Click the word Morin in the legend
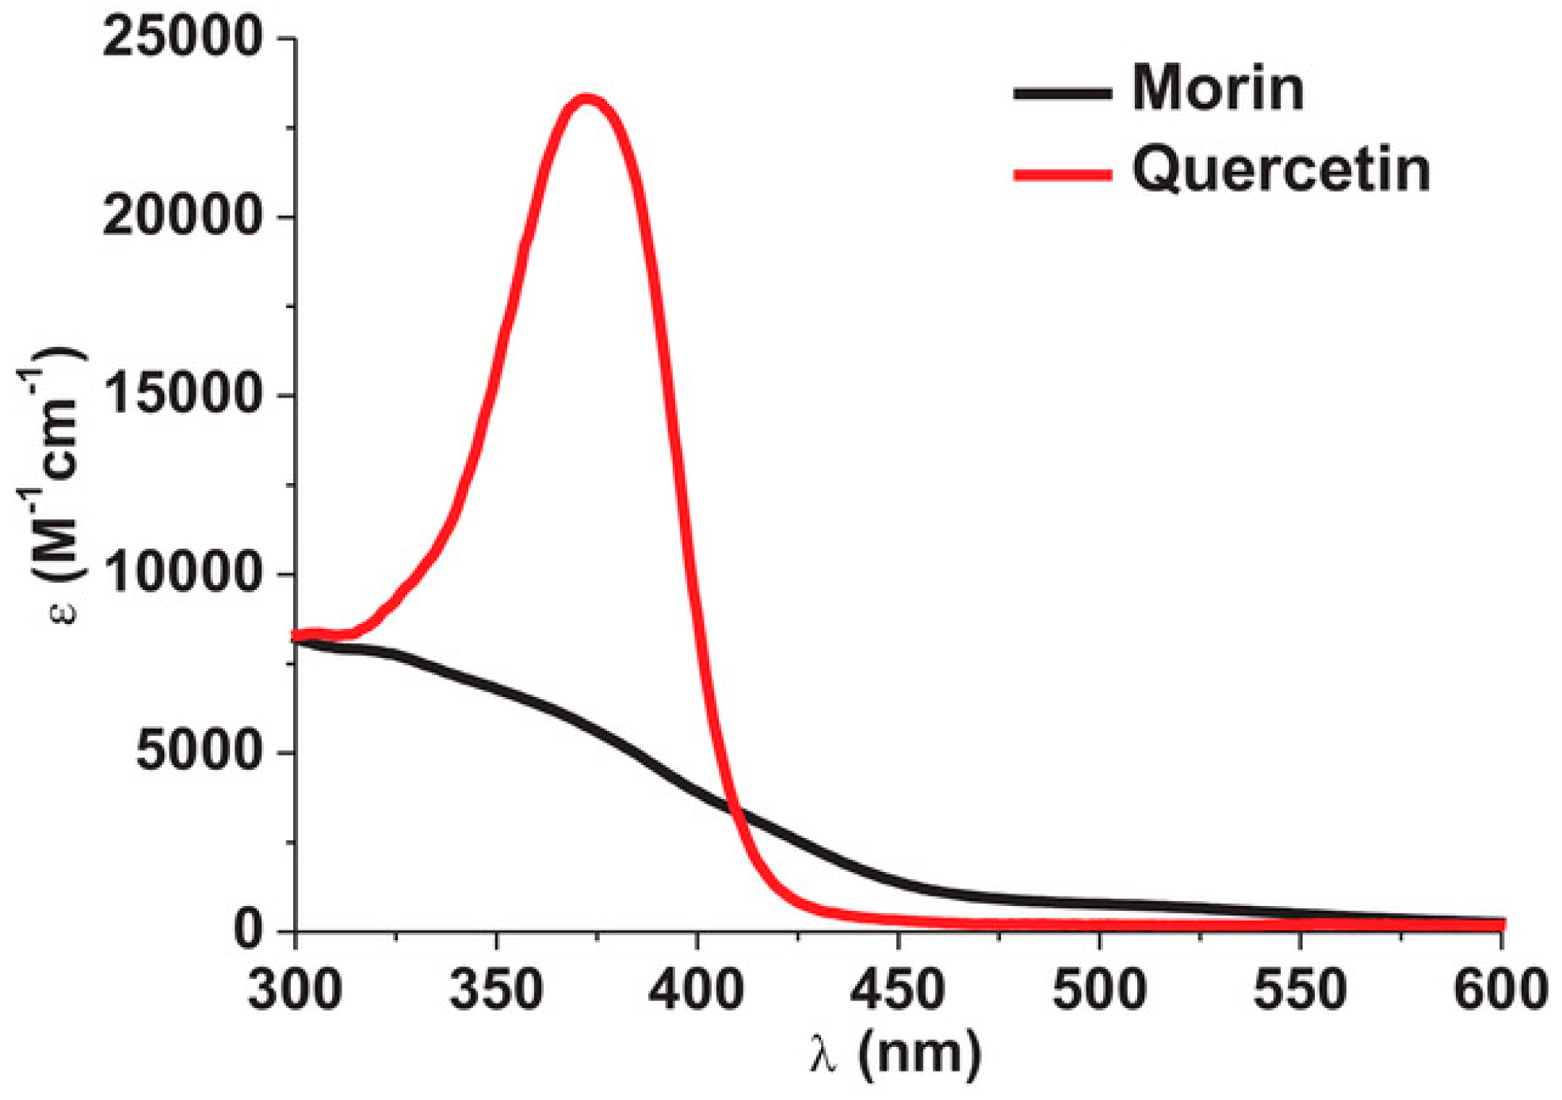[x=1217, y=89]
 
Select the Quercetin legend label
[x=1281, y=169]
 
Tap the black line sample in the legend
[x=1062, y=93]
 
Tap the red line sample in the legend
[x=1062, y=174]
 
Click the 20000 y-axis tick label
[x=182, y=215]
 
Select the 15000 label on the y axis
[x=182, y=394]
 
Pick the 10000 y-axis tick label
[x=182, y=573]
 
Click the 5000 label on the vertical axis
[x=198, y=751]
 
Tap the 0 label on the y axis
[x=248, y=929]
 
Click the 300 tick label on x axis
[x=295, y=991]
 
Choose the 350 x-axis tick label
[x=496, y=991]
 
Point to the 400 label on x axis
[x=697, y=991]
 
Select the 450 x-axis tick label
[x=898, y=991]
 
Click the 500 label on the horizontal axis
[x=1099, y=991]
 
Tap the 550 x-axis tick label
[x=1300, y=991]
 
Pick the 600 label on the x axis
[x=1500, y=991]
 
